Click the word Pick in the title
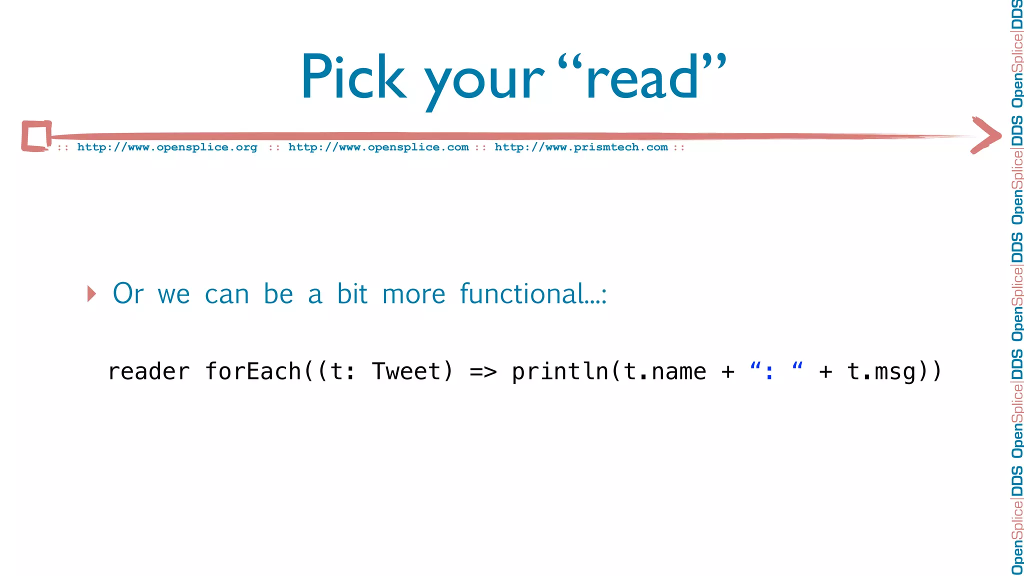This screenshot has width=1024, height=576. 353,77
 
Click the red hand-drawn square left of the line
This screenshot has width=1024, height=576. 36,135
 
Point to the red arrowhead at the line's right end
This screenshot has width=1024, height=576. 986,135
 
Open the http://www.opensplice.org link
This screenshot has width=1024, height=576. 167,147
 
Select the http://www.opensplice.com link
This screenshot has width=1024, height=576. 378,147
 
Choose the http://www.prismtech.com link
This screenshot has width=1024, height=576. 581,147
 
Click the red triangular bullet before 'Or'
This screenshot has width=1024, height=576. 91,293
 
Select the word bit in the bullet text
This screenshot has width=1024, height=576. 352,293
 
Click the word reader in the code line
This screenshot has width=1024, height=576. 149,371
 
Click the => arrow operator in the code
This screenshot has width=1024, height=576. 483,371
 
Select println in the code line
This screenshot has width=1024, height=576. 559,371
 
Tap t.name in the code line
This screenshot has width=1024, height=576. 665,371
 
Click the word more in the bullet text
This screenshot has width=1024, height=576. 413,293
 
